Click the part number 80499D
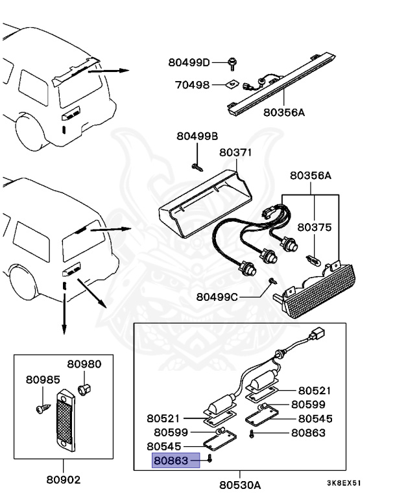[189, 63]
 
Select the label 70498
[192, 84]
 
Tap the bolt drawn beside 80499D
[232, 63]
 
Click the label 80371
[235, 153]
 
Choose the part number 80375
[315, 228]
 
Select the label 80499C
[217, 298]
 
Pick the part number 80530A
[239, 484]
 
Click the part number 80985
[42, 379]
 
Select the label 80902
[63, 480]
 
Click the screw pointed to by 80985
[42, 408]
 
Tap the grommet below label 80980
[82, 389]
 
